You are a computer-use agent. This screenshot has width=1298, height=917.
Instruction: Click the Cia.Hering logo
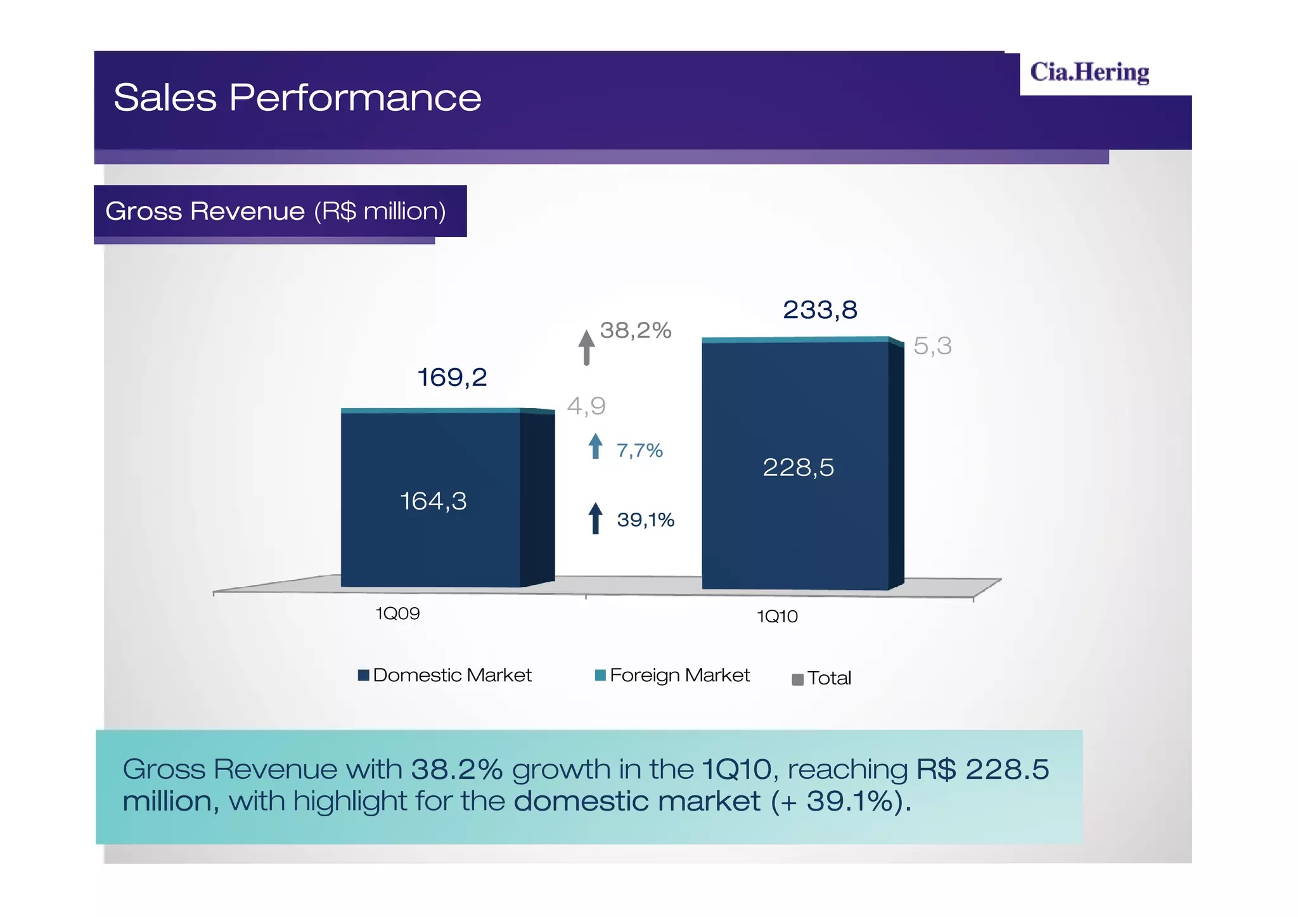(x=1089, y=72)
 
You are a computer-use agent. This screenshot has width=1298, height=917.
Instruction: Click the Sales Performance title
(x=297, y=98)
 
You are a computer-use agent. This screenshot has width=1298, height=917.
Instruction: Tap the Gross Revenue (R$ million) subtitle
(x=276, y=211)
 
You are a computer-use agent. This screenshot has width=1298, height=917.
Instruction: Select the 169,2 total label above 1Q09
(x=452, y=378)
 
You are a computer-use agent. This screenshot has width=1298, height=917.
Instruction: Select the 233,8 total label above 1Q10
(x=819, y=310)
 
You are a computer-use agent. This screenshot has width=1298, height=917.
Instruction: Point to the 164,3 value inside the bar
(x=433, y=501)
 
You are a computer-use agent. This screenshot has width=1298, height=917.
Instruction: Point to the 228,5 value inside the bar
(x=798, y=468)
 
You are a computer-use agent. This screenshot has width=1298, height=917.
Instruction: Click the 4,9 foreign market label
(x=586, y=406)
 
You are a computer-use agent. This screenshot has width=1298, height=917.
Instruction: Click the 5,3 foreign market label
(x=932, y=346)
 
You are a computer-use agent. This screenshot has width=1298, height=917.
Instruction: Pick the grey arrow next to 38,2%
(x=586, y=347)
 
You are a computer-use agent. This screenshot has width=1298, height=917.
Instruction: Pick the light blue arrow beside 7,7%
(x=595, y=446)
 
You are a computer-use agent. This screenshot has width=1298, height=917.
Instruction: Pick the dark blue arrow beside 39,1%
(x=595, y=518)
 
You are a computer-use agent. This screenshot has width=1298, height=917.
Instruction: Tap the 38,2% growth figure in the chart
(x=635, y=330)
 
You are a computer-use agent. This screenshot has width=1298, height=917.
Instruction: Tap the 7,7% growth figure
(x=639, y=451)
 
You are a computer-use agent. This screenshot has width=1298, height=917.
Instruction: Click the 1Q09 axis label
(x=397, y=613)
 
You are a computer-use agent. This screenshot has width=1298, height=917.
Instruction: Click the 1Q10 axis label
(x=777, y=617)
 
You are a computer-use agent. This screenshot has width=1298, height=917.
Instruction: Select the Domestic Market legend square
(x=364, y=675)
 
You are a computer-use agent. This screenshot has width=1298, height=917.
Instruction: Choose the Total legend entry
(x=821, y=679)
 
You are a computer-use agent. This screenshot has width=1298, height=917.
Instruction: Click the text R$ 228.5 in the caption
(x=982, y=769)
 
